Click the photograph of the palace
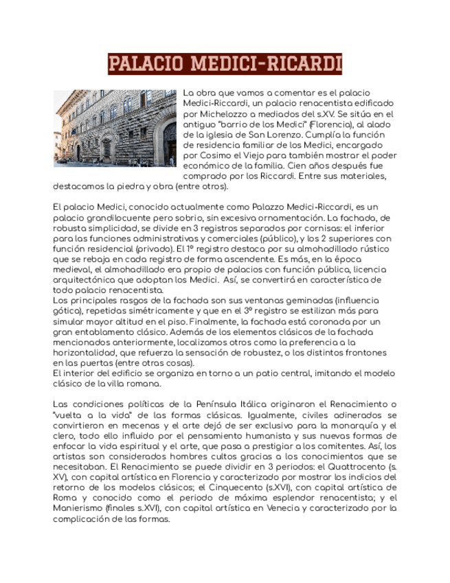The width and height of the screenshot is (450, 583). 115,128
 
